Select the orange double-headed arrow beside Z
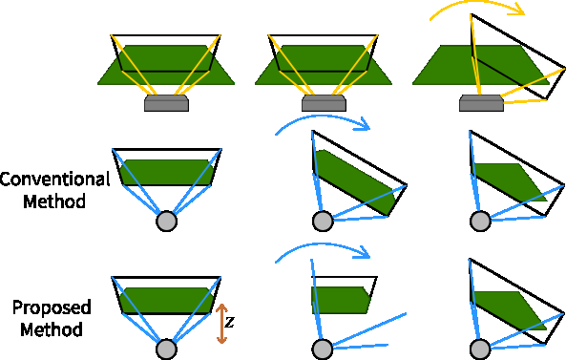pos(221,324)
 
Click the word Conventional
pos(55,179)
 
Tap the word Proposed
pos(52,307)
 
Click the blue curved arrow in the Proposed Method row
pos(321,250)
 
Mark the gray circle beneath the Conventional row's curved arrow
pos(323,222)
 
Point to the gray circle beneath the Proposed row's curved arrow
pos(323,349)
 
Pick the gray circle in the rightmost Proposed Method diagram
pos(480,349)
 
